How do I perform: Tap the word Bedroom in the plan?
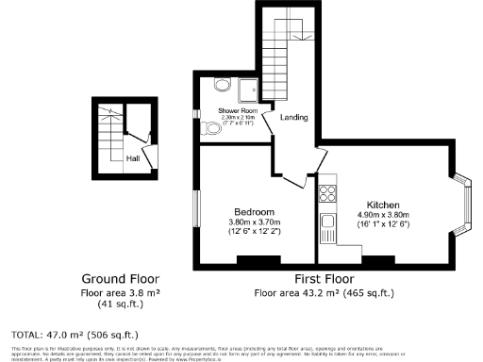[255, 211]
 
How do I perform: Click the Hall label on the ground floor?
[132, 158]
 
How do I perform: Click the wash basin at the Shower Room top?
[223, 84]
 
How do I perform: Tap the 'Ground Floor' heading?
[120, 280]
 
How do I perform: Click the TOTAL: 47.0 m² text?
[75, 334]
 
